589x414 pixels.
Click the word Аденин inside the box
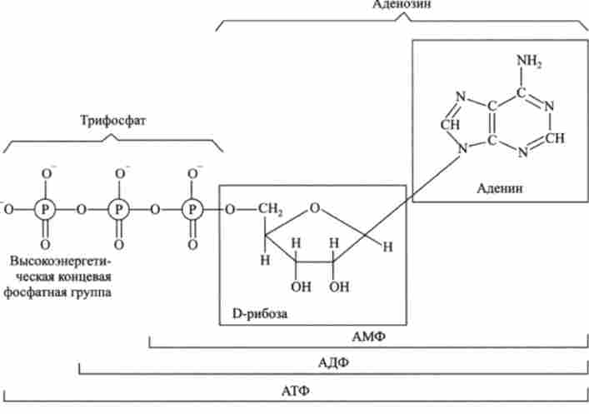500,188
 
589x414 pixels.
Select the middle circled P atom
120,208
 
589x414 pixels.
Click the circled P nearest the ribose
192,208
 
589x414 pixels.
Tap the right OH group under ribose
338,289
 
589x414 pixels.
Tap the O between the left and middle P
82,209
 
